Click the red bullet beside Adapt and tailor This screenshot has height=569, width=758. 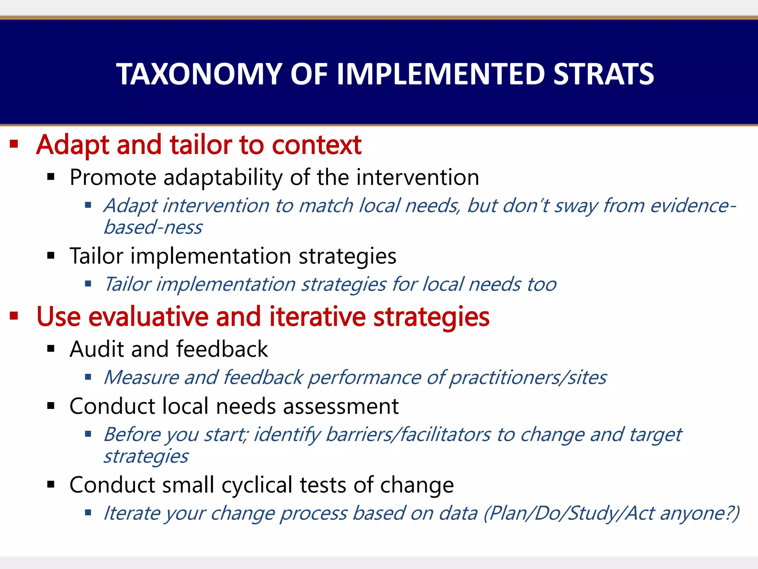coord(14,144)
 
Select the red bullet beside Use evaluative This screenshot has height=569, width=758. coord(14,316)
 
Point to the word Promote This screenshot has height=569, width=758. coord(113,177)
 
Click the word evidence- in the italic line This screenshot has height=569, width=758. coord(693,206)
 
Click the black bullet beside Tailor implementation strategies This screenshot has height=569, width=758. coord(51,255)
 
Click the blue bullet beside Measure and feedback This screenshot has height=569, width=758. coord(88,377)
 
